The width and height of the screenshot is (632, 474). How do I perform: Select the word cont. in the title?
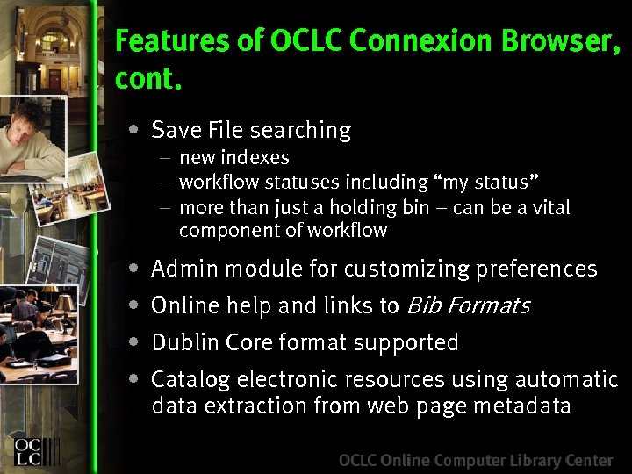pyautogui.click(x=148, y=79)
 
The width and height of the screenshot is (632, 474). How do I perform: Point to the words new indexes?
pyautogui.click(x=233, y=158)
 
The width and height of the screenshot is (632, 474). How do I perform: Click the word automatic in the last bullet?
pyautogui.click(x=566, y=379)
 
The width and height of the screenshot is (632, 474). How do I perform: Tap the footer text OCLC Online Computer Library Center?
pyautogui.click(x=476, y=460)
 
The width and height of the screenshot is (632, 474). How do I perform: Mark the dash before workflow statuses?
pyautogui.click(x=165, y=183)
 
